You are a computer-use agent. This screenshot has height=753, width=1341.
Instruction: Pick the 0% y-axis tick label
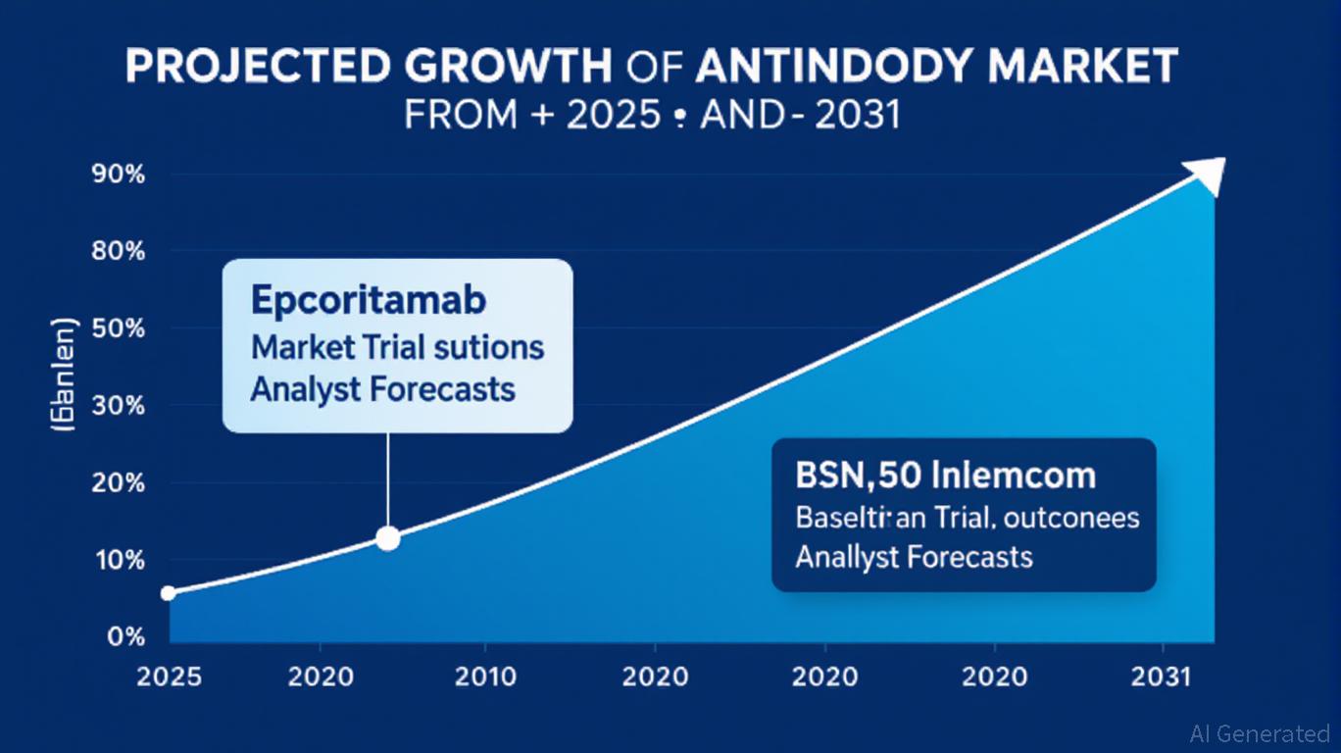(x=126, y=637)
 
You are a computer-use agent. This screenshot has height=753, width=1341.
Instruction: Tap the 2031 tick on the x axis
(x=1163, y=678)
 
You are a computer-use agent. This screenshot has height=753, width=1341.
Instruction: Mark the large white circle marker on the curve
(x=388, y=538)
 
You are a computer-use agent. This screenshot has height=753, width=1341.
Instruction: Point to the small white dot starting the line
(x=168, y=593)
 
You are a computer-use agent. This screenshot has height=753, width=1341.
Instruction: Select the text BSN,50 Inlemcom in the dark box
(x=945, y=477)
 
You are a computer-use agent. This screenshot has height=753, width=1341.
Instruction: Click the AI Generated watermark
(x=1259, y=733)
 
